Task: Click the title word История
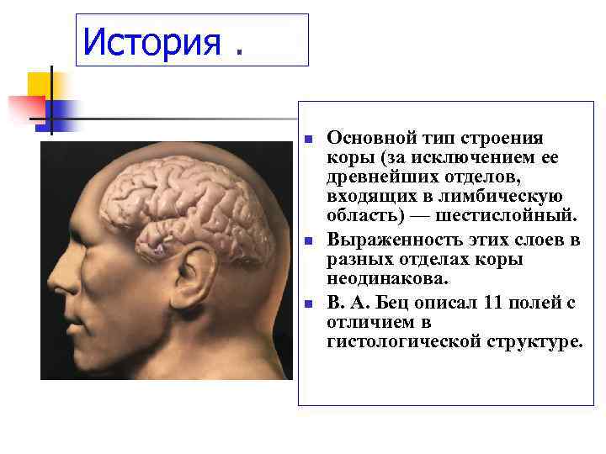coord(151,41)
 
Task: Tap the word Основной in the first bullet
coord(364,138)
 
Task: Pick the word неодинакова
coord(388,278)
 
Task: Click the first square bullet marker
coord(309,138)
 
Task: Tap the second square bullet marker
coord(309,240)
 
